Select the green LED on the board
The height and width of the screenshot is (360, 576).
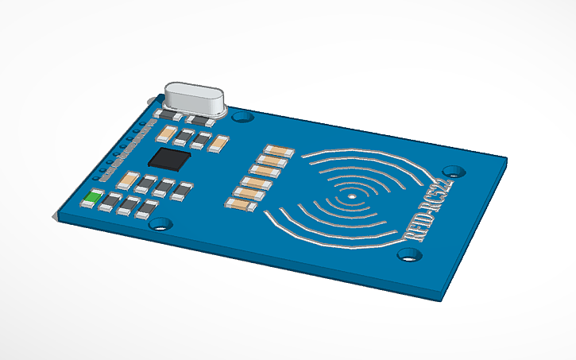pos(93,198)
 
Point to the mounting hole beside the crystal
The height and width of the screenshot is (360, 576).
pos(243,117)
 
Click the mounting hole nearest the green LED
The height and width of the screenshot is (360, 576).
pos(162,224)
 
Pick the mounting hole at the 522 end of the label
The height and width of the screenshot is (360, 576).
pos(454,171)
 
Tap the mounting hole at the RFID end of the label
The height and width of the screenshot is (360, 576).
pos(408,254)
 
